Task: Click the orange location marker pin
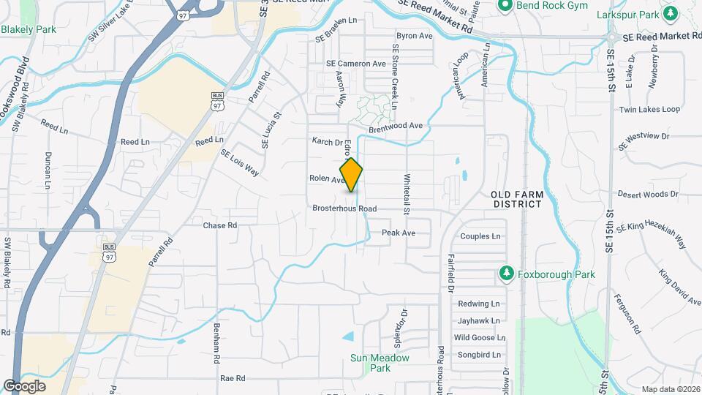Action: click(x=351, y=174)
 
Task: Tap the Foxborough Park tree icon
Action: click(x=506, y=274)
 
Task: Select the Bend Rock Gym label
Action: click(x=542, y=5)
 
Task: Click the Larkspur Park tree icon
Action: click(x=671, y=12)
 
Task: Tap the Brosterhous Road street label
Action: click(x=344, y=208)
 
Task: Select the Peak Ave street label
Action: click(x=399, y=233)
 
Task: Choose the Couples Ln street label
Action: click(x=480, y=236)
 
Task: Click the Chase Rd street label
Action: click(x=220, y=225)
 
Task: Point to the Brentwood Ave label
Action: click(x=396, y=126)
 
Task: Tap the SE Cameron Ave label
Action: click(x=356, y=64)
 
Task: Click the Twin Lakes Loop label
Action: click(x=649, y=110)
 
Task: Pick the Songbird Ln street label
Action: click(x=478, y=355)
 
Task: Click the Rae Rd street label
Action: click(x=233, y=378)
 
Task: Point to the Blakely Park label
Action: click(x=29, y=29)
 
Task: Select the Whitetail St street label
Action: click(x=407, y=192)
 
